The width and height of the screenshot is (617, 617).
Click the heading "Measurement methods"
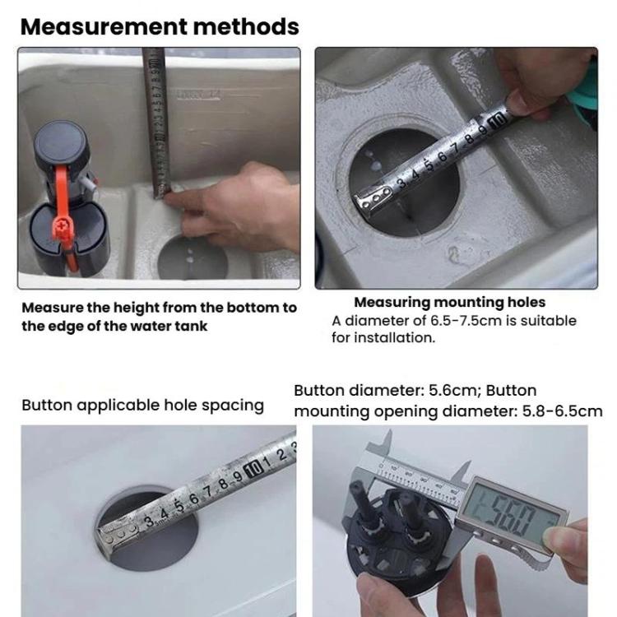tap(159, 26)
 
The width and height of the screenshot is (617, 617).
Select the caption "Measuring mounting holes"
tap(449, 303)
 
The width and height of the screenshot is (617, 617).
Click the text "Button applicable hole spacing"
tap(142, 405)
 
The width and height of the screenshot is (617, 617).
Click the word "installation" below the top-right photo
tap(392, 338)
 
